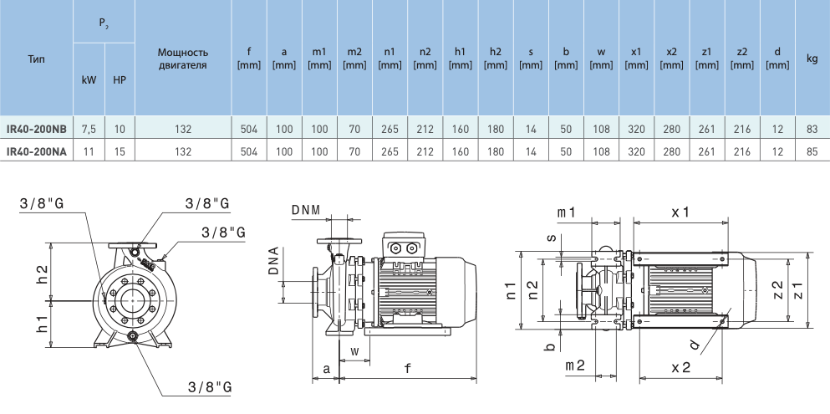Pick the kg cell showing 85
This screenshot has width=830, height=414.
(x=812, y=151)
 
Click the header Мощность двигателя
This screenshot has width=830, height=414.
(x=183, y=59)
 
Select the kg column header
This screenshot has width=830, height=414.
(x=812, y=59)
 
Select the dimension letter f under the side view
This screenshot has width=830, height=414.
(x=406, y=367)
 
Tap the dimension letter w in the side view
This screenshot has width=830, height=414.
(x=354, y=351)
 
